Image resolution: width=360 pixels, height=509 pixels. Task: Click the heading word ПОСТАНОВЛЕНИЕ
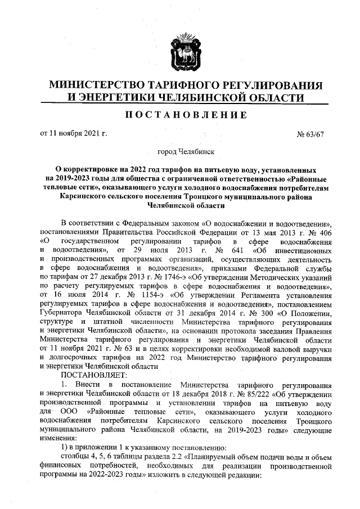pyautogui.click(x=185, y=115)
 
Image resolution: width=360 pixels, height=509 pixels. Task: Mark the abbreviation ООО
pyautogui.click(x=71, y=412)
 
